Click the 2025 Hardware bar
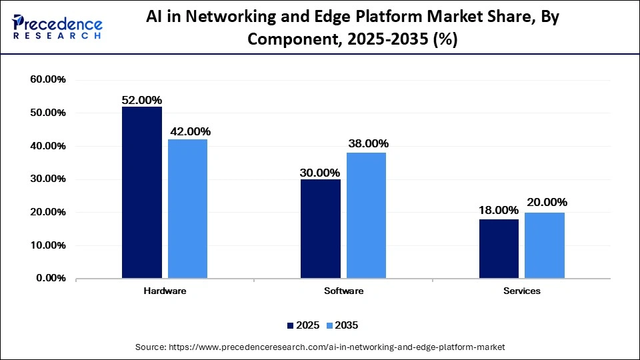pyautogui.click(x=141, y=193)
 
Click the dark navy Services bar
pyautogui.click(x=499, y=249)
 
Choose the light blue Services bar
pyautogui.click(x=545, y=245)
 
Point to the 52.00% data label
pyautogui.click(x=141, y=100)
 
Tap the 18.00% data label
pyautogui.click(x=499, y=210)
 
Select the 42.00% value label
pyautogui.click(x=189, y=131)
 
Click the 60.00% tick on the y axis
pyautogui.click(x=48, y=80)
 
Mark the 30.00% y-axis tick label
pyautogui.click(x=48, y=179)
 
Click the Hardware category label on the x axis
pyautogui.click(x=165, y=291)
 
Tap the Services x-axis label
pyautogui.click(x=522, y=291)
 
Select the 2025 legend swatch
pyautogui.click(x=290, y=325)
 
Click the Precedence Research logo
pyautogui.click(x=57, y=27)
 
